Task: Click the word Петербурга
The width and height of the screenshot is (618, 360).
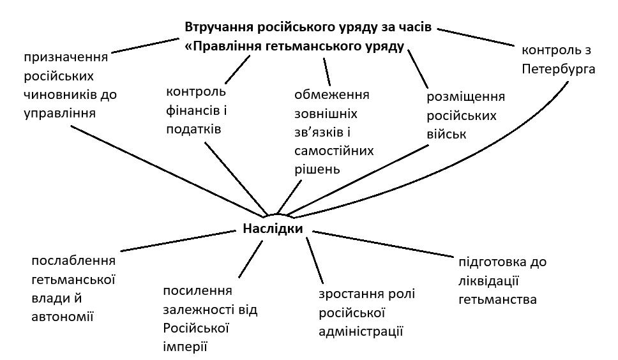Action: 558,68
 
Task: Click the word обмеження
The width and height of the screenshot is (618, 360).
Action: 332,95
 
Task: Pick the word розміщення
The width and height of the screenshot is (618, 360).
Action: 465,97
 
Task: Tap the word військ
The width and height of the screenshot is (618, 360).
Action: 447,135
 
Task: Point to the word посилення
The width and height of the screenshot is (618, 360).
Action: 197,291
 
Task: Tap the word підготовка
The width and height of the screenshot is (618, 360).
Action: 502,262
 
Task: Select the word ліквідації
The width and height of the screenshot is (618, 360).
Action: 487,280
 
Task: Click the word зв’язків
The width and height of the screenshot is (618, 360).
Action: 322,133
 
